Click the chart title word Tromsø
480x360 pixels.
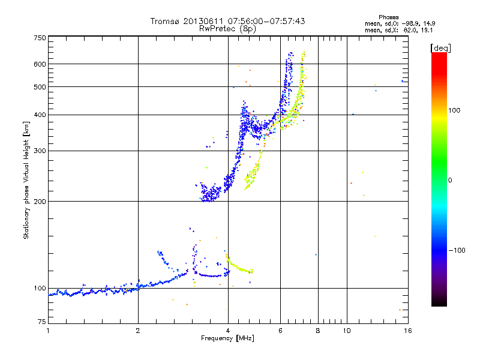point(166,21)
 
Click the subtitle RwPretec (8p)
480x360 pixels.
point(227,28)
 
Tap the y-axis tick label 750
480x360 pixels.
point(40,37)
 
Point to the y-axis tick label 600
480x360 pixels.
point(40,64)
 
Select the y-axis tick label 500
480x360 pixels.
point(40,86)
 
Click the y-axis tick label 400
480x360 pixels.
point(40,115)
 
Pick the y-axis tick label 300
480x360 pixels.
point(40,151)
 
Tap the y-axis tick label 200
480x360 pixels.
point(40,201)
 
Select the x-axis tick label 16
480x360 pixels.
point(407,331)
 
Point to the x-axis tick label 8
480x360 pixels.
point(318,331)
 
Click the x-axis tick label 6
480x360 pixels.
point(280,331)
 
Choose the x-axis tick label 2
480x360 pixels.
point(138,331)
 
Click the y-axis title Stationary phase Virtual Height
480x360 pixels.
point(26,180)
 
